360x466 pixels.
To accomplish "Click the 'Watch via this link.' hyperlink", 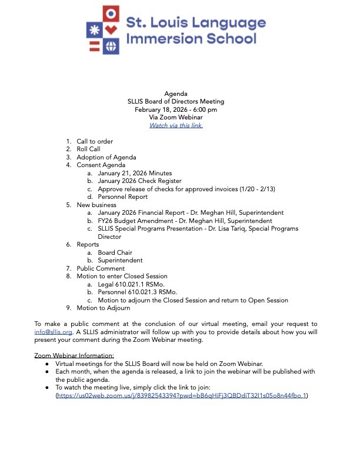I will pos(176,125).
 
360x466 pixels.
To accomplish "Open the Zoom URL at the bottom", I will pos(182,396).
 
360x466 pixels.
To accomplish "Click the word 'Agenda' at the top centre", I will pos(176,94).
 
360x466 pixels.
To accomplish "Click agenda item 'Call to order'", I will pos(95,141).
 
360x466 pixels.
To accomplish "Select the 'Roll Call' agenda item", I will pos(88,149).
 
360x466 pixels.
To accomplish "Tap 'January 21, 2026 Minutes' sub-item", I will pos(135,173).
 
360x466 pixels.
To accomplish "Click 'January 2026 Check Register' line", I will pos(139,181).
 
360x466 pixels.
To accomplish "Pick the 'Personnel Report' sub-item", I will pos(122,197).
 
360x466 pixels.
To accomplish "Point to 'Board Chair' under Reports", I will pos(115,252).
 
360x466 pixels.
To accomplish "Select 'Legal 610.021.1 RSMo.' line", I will pos(133,284).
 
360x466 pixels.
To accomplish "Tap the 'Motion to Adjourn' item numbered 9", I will pos(103,308).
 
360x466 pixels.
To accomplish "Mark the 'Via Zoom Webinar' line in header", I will pos(176,117).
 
